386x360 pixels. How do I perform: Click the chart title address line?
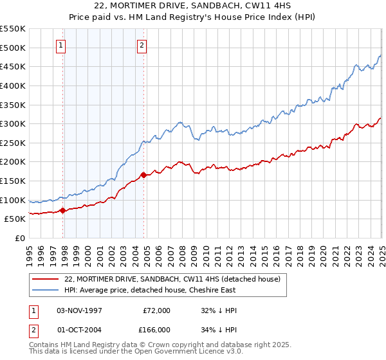pos(193,6)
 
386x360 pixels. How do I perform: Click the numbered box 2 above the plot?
pos(142,45)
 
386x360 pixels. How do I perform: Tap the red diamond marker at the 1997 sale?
pos(62,210)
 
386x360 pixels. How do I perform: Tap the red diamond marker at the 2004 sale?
pos(143,174)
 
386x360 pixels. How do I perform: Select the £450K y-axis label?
pos(13,66)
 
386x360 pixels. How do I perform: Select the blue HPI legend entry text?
pos(168,291)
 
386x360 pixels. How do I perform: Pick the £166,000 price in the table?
pos(156,329)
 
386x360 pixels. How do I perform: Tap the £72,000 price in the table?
pos(156,310)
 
